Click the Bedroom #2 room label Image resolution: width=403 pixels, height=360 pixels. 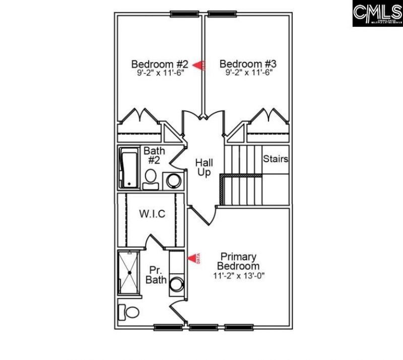(160, 64)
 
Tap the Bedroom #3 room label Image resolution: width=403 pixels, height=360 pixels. (248, 64)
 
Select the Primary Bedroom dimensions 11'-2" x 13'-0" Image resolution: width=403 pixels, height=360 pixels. (236, 276)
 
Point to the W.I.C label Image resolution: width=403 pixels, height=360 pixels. (152, 214)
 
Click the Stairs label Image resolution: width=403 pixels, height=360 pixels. (276, 159)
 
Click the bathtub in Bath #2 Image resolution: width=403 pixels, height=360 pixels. (128, 168)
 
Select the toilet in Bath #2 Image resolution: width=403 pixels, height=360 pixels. (150, 178)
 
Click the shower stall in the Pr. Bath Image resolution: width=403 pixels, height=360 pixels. (129, 272)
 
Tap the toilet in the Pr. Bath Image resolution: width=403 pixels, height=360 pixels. (130, 312)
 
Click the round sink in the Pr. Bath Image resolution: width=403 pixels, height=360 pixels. (177, 284)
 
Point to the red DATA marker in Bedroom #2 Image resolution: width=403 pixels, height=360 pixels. (200, 65)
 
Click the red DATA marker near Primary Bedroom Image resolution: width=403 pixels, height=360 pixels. (194, 259)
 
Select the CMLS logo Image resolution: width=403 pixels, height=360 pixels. (377, 14)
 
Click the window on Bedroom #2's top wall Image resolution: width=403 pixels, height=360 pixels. (183, 14)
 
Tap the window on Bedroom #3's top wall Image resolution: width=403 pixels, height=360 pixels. (223, 14)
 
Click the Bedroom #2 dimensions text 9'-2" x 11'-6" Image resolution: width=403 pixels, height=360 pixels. (160, 73)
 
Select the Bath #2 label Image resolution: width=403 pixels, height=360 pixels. (154, 155)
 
